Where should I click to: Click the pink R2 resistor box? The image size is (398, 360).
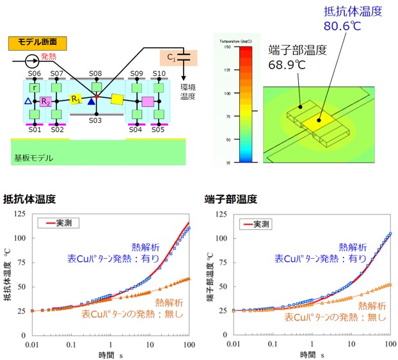45,101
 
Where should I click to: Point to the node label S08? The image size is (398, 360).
95,74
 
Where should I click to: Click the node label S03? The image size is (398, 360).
95,120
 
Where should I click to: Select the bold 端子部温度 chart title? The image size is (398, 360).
231,199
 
